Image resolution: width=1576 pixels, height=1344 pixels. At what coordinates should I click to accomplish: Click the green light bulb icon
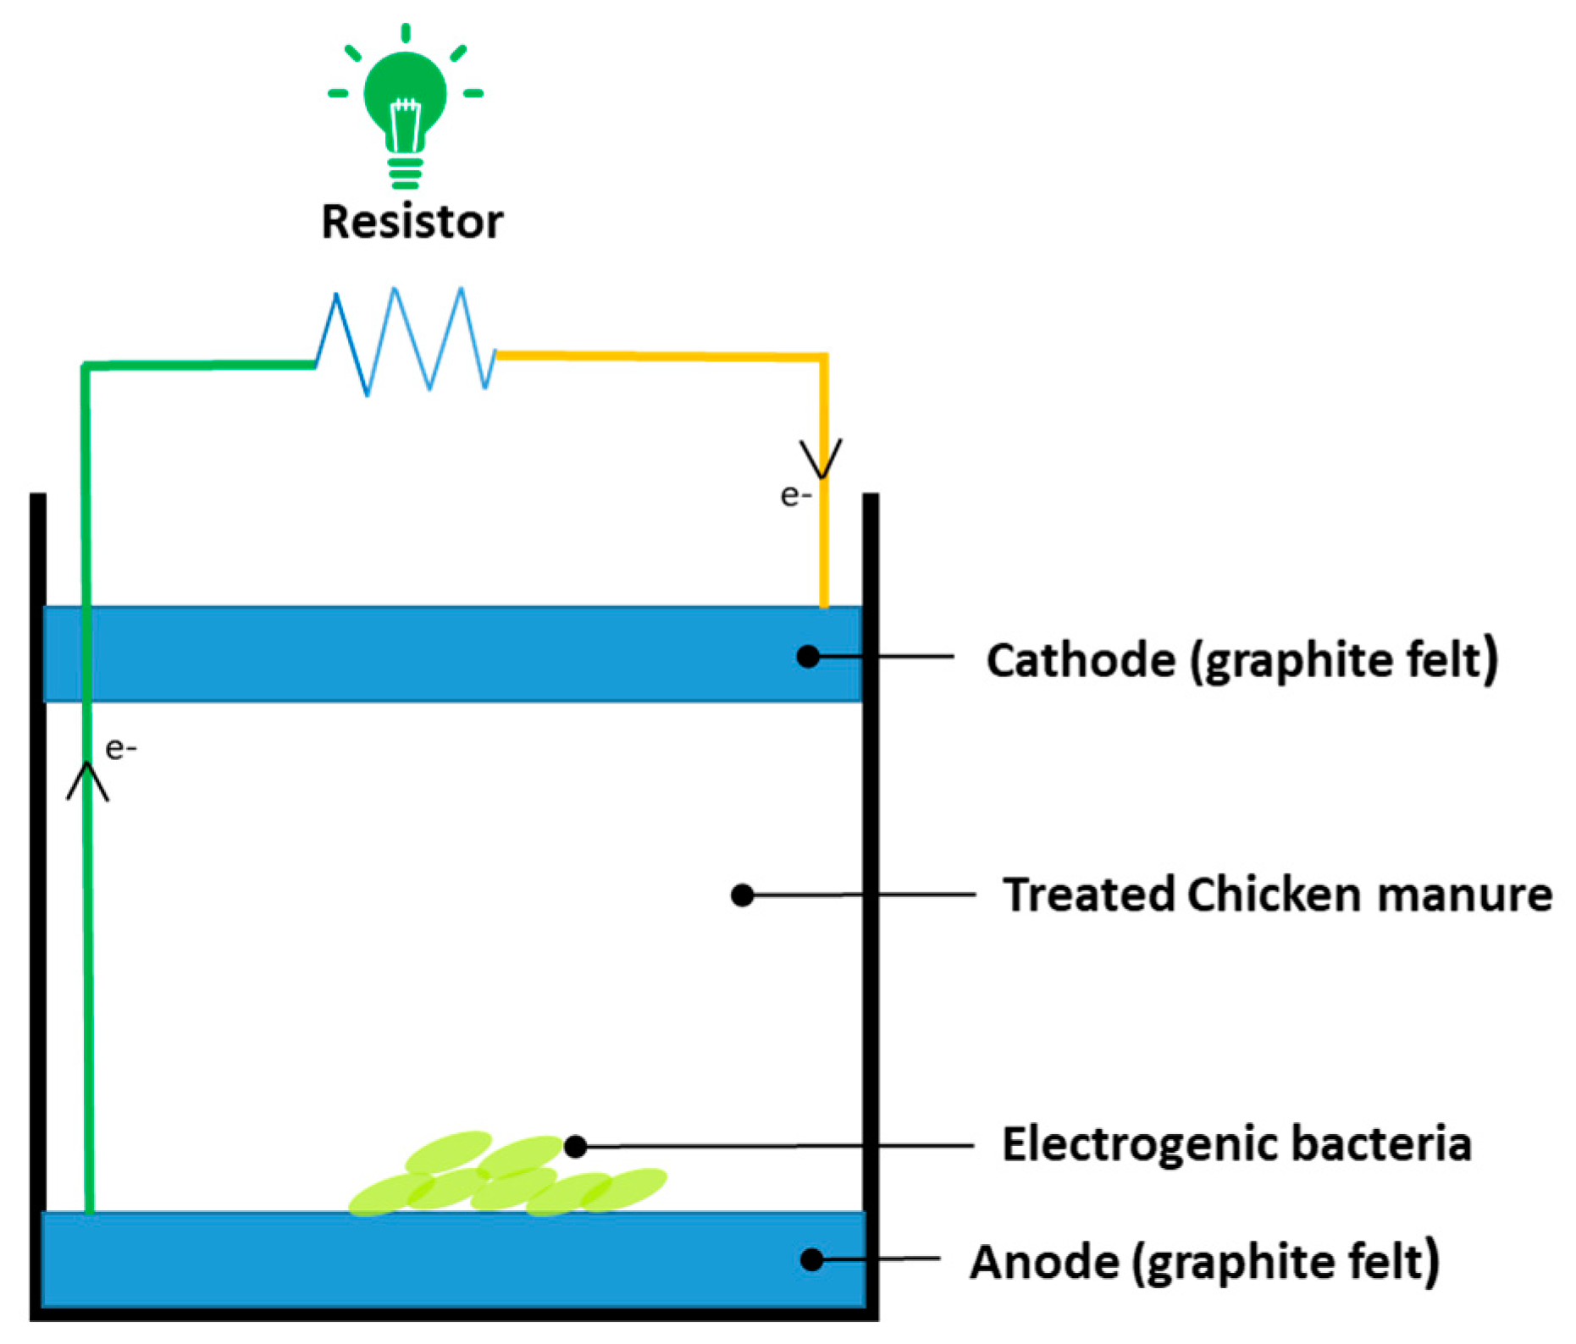[x=405, y=97]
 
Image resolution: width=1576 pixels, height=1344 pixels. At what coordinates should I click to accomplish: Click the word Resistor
[x=412, y=223]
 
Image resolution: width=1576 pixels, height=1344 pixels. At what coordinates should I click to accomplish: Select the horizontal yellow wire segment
[x=661, y=356]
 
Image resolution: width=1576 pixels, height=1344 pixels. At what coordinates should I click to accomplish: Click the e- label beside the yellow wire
[x=795, y=496]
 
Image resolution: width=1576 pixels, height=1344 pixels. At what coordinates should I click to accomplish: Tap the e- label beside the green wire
[x=120, y=749]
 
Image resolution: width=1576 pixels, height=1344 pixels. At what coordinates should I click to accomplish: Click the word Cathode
[x=1081, y=661]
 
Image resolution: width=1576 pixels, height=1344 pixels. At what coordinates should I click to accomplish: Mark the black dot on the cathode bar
[x=808, y=656]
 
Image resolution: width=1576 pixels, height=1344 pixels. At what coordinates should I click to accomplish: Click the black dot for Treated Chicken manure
[x=742, y=895]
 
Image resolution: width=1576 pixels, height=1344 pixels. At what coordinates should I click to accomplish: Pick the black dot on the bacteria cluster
[x=576, y=1146]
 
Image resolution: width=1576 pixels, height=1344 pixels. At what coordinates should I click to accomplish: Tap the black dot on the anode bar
[x=811, y=1259]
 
